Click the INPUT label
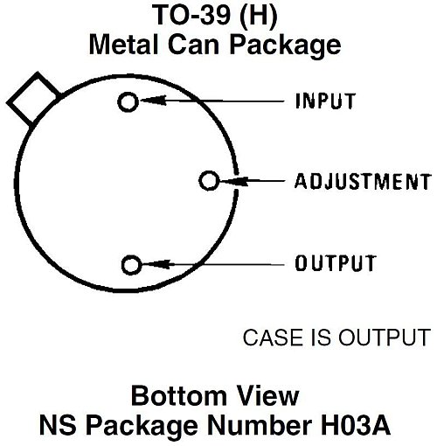(325, 101)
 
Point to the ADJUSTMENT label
(363, 181)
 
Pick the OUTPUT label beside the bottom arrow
(336, 263)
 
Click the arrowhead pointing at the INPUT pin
(153, 101)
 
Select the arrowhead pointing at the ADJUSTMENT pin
(235, 181)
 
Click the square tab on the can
(33, 99)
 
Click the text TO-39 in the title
(191, 15)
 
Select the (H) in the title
(258, 16)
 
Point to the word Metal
(124, 45)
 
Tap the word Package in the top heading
(285, 46)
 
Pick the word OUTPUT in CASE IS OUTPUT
(385, 338)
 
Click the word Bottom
(178, 395)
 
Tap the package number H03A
(356, 425)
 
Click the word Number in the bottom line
(260, 425)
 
